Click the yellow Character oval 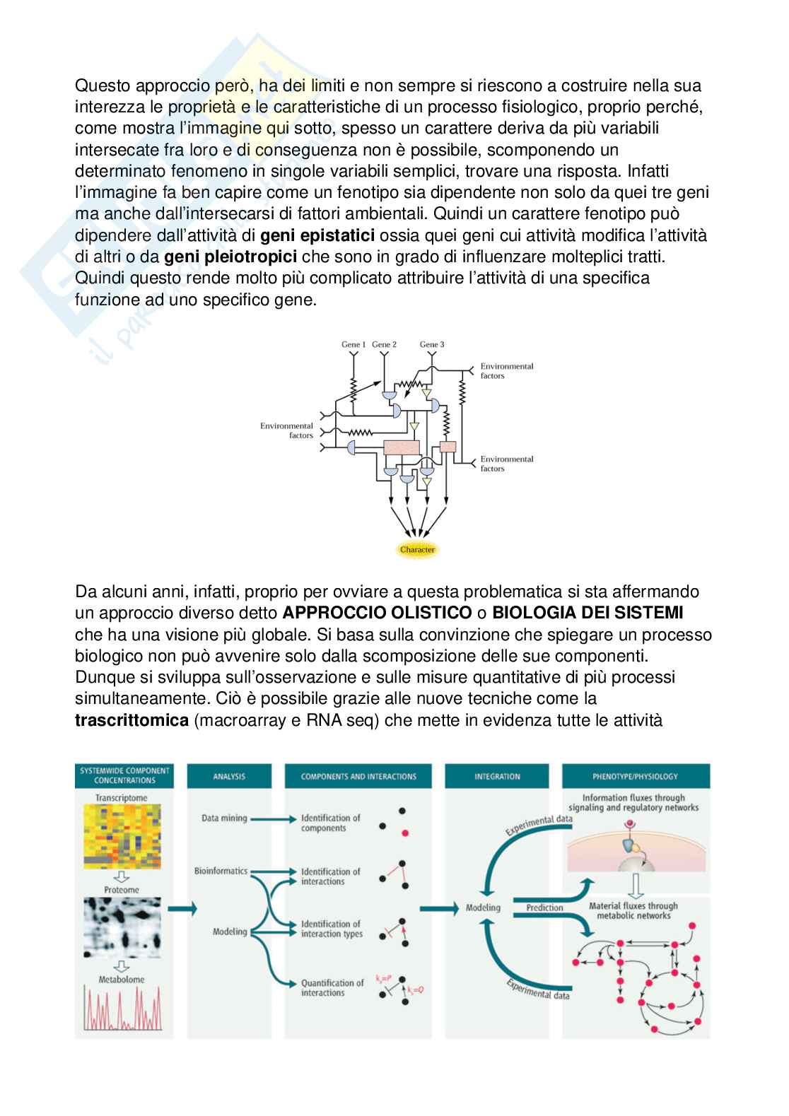[418, 549]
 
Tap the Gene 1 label [353, 344]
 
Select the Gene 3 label [432, 344]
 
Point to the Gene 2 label [384, 344]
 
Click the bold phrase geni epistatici [317, 235]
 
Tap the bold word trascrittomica [132, 721]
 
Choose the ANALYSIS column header [229, 776]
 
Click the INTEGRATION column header [498, 776]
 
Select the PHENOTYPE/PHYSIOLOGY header [635, 776]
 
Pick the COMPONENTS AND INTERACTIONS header [358, 776]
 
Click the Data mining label [224, 818]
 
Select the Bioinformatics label [221, 871]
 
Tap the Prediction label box [545, 908]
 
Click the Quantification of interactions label [332, 987]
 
